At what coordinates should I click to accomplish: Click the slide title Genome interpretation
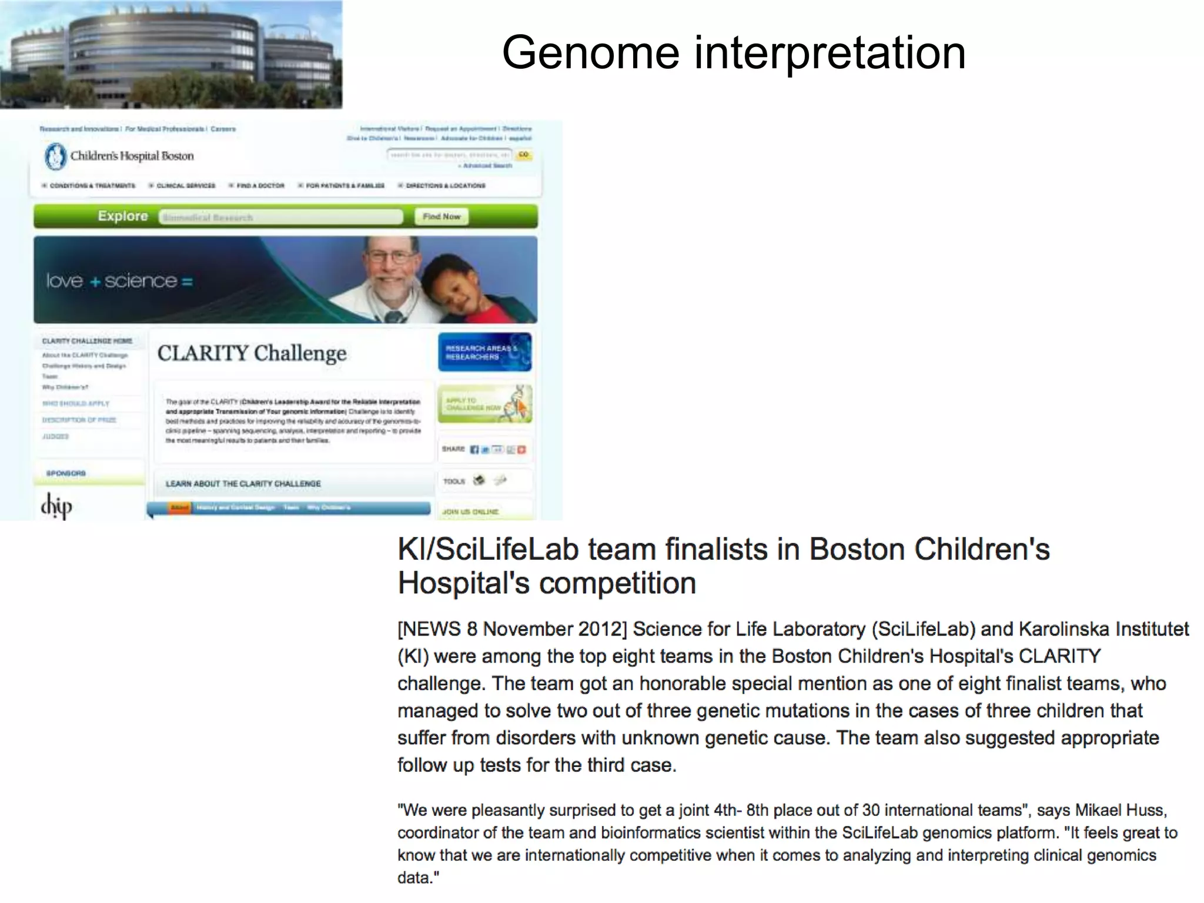733,53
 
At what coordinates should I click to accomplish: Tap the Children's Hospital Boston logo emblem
55,156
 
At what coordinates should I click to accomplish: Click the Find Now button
442,216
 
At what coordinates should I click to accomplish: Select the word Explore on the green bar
123,216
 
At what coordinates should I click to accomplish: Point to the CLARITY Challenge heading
252,353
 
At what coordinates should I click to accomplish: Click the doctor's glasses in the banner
389,257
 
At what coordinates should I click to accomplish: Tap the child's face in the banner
453,288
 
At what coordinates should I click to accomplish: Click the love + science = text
119,281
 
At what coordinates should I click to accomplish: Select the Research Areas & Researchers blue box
484,352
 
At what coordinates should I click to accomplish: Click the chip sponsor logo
56,506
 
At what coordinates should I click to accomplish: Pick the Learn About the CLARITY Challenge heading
243,483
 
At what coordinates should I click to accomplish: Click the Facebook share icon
474,450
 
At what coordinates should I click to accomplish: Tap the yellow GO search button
523,155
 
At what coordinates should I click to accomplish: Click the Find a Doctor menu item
260,186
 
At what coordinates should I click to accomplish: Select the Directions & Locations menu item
445,186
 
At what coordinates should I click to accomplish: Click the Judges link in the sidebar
55,436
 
